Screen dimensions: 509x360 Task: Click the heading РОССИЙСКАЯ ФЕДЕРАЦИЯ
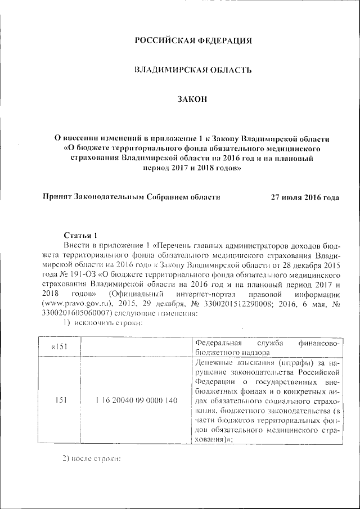coord(192,40)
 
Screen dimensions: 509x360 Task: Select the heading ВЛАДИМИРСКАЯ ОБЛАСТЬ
coord(192,70)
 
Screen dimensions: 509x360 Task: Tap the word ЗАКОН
coord(192,100)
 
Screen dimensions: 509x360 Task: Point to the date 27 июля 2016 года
coord(305,197)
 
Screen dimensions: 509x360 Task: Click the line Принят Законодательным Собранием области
coord(132,197)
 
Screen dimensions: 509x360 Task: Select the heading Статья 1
coord(81,236)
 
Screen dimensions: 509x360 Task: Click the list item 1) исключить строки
coord(100,323)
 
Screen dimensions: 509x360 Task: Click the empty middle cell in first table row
coord(136,347)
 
